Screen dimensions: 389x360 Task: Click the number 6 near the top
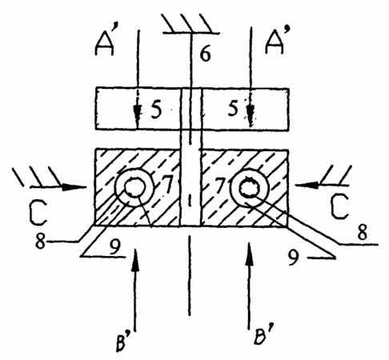click(205, 53)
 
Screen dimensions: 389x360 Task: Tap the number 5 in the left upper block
click(156, 110)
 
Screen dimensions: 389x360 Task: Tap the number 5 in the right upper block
click(233, 108)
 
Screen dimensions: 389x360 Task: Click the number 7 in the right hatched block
click(220, 185)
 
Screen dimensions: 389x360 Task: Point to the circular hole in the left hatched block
click(134, 186)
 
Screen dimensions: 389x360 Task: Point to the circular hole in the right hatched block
click(249, 188)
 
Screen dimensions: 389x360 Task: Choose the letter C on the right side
click(339, 206)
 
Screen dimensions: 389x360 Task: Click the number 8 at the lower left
click(41, 242)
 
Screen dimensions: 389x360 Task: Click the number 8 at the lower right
click(362, 232)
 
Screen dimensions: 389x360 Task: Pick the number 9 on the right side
click(294, 258)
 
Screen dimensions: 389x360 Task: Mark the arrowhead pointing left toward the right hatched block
click(307, 185)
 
